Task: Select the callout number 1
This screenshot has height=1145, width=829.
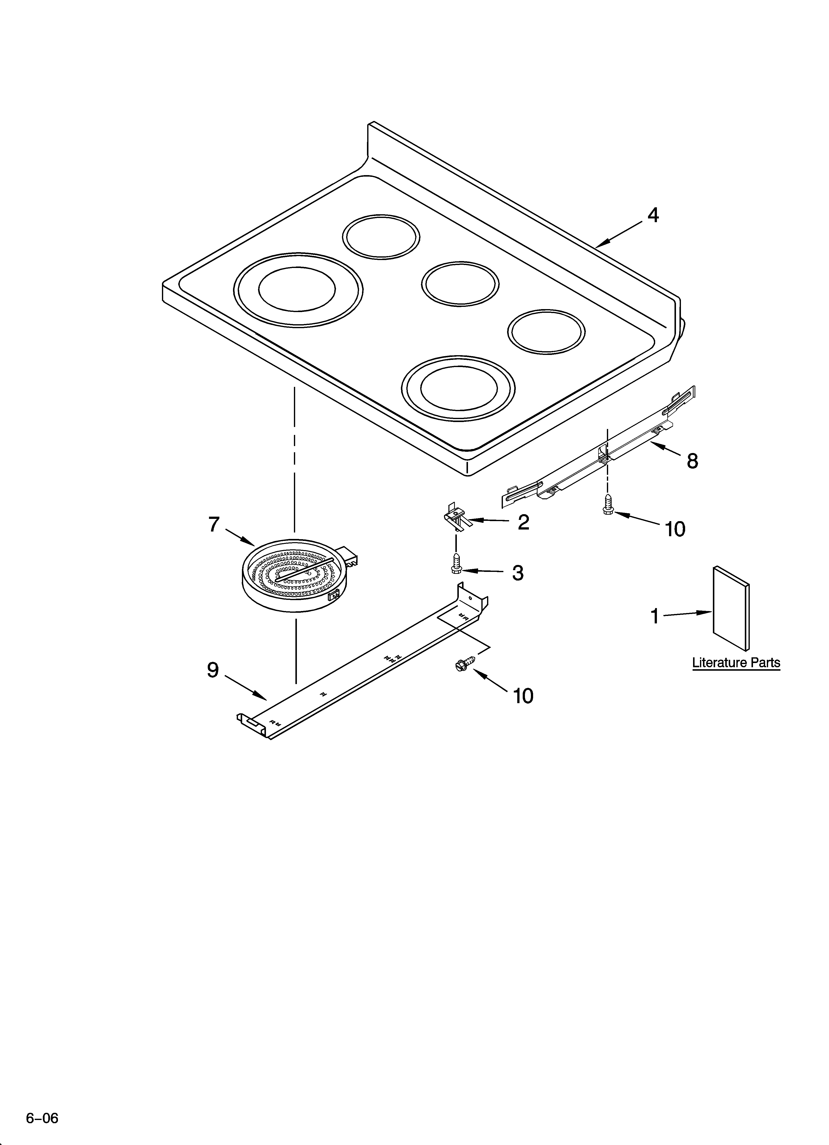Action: click(655, 616)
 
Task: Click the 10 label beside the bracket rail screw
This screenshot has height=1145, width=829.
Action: click(675, 529)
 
